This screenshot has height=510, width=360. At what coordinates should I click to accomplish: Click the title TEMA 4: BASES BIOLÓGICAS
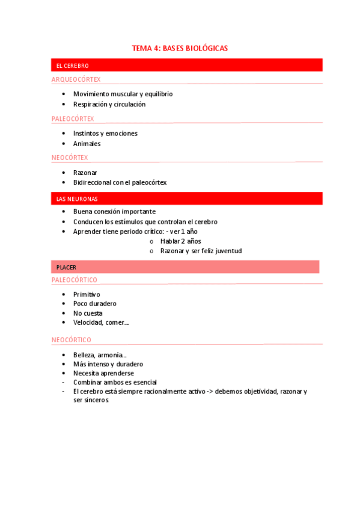pos(180,48)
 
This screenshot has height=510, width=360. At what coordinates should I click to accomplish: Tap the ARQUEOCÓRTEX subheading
pos(76,79)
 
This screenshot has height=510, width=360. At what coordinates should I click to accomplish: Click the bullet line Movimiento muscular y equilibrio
pos(123,94)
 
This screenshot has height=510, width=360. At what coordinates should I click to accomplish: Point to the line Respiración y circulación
pos(109,104)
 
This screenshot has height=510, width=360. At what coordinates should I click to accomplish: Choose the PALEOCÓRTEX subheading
pos(73,118)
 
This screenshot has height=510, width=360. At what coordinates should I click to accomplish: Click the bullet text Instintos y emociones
pos(105,134)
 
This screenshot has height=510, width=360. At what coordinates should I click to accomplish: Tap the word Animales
pos(87,144)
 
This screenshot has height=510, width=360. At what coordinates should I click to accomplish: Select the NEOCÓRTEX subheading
pos(70,158)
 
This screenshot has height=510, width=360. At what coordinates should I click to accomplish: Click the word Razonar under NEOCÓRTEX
pos(85,173)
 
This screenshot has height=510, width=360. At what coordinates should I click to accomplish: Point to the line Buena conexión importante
pos(114,212)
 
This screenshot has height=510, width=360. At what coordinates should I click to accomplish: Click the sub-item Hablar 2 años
pos(180,241)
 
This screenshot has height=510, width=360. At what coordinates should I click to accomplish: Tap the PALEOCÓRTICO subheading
pos(75,280)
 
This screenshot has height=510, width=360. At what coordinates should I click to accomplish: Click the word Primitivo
pos(87,294)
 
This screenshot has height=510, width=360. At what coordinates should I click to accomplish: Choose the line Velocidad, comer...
pos(100,322)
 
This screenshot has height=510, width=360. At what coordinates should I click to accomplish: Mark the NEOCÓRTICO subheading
pos(72,340)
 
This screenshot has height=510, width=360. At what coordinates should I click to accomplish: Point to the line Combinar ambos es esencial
pos(115,382)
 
